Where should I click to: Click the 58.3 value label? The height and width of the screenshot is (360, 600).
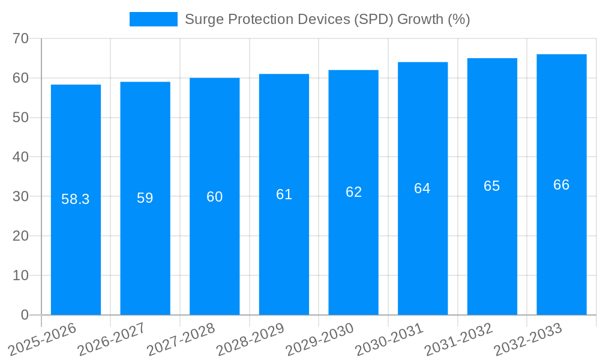tap(76, 199)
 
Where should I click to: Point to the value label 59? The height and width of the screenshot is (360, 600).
tap(145, 198)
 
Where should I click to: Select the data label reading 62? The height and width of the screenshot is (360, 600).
tap(353, 192)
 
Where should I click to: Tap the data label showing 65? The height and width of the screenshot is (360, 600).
tap(492, 186)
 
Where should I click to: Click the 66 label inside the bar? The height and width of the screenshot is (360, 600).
tap(561, 185)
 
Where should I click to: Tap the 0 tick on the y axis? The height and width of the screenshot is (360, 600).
tap(25, 315)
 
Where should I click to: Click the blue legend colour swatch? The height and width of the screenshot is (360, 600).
tap(154, 19)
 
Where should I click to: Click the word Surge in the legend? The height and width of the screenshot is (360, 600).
tap(202, 19)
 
